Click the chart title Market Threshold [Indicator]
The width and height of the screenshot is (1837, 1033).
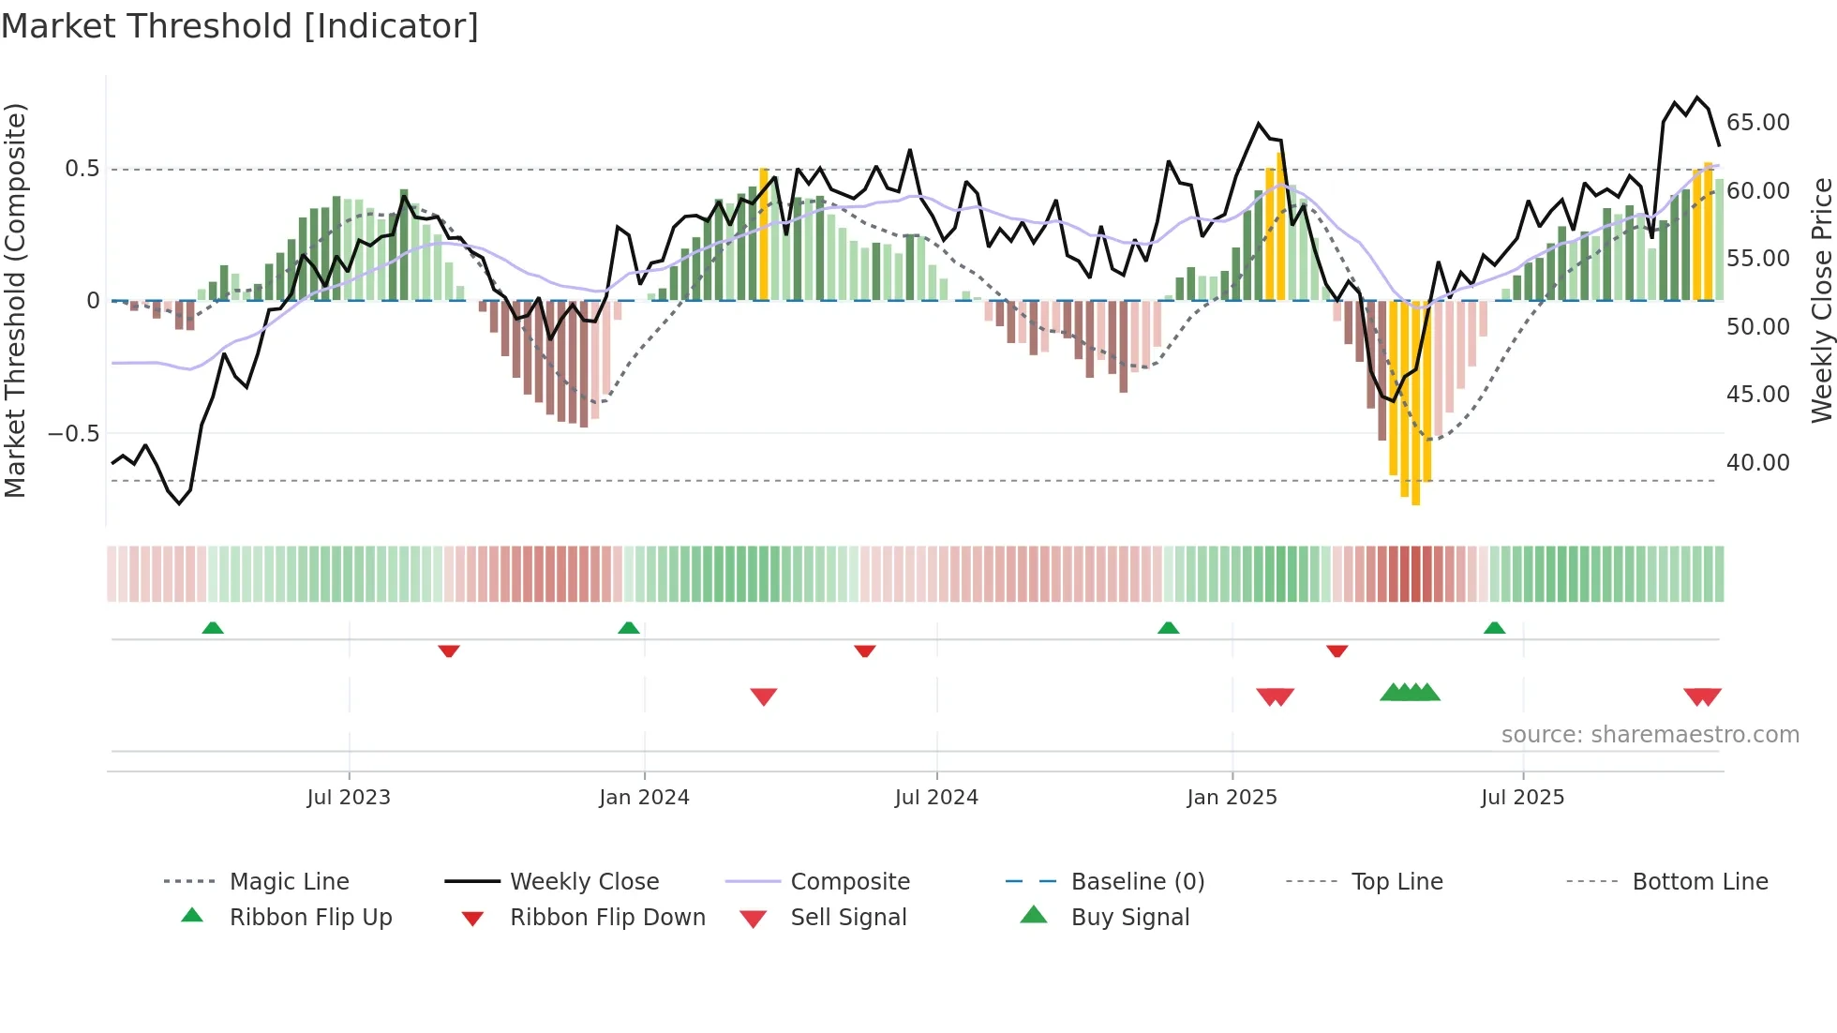pos(240,26)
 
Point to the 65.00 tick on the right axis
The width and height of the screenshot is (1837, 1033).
pos(1757,123)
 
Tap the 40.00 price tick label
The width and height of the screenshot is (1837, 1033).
pos(1757,463)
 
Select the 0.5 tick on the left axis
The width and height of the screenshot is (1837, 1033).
pos(82,169)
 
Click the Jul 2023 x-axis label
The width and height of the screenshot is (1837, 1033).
pos(349,798)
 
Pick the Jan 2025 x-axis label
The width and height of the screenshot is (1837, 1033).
pos(1232,798)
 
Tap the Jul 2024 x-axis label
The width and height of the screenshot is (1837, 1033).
pos(936,798)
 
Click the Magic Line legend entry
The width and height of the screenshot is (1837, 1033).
pos(289,882)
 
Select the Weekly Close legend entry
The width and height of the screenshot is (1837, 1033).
pos(584,882)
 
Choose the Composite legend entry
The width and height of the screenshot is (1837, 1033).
pos(850,882)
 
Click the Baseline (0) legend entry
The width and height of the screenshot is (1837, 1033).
pos(1137,882)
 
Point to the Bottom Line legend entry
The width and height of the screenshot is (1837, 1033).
pos(1699,882)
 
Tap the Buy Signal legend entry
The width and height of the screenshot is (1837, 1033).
pos(1129,918)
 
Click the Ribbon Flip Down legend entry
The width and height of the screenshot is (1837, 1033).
pos(607,918)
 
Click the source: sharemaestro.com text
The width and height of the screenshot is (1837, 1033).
pos(1650,735)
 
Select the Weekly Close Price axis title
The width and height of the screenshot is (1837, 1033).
pos(1821,300)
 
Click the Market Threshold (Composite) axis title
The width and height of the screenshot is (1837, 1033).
pos(15,300)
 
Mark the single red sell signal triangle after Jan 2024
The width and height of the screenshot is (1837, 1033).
pos(764,696)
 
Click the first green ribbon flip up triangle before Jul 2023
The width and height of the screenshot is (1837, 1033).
pos(213,628)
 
